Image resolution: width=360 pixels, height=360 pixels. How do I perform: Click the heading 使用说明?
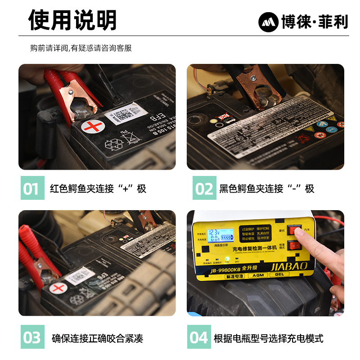point(72,20)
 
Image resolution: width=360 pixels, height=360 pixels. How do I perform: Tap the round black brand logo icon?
point(268,22)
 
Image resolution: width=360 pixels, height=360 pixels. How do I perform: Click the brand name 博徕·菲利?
point(315,22)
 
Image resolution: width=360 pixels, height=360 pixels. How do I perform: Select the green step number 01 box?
point(33,188)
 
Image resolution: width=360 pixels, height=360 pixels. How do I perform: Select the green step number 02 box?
point(204,188)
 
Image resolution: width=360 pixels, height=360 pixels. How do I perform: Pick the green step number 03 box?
point(33,337)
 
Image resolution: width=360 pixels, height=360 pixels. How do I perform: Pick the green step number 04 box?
point(199,337)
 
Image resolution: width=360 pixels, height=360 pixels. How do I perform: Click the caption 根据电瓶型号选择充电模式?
point(268,338)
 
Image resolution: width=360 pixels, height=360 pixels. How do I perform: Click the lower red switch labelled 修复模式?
point(295,245)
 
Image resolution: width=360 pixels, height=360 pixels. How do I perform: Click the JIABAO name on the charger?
point(288,266)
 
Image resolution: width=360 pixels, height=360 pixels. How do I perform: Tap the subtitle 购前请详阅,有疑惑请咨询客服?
point(81,48)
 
